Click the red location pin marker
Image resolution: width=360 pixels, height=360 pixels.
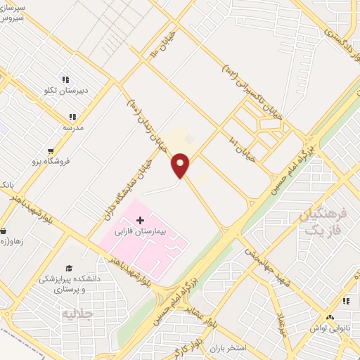point(181,165)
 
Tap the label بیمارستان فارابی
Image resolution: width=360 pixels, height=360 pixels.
point(141,231)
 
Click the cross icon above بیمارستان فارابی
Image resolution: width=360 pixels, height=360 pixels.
point(141,220)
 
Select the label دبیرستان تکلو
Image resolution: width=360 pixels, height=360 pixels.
point(66,91)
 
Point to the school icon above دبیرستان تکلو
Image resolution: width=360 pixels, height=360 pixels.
point(65,80)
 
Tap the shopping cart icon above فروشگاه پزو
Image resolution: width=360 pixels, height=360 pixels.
point(50,150)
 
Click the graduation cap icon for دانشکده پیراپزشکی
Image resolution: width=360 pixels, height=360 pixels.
point(69,268)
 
